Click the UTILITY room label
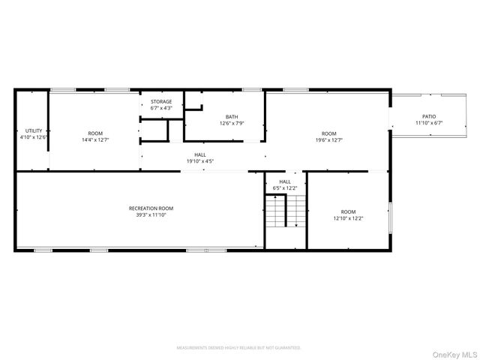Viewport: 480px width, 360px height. click(34, 130)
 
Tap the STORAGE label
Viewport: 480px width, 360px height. click(161, 101)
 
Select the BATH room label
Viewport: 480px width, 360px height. click(232, 116)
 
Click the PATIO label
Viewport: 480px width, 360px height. click(429, 116)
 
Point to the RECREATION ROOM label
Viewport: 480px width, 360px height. click(151, 208)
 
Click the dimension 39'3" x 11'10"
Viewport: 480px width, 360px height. click(151, 214)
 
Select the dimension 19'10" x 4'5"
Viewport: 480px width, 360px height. click(200, 161)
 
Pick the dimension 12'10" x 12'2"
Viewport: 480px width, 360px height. click(349, 218)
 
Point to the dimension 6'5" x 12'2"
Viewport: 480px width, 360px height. click(285, 187)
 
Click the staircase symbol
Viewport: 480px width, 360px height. click(286, 211)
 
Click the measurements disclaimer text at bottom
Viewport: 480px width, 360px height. click(238, 348)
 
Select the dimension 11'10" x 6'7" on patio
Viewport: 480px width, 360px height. click(429, 123)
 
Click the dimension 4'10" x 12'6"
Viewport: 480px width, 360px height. click(34, 137)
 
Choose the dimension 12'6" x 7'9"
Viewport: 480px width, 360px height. click(232, 123)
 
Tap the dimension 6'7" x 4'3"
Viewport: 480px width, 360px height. click(161, 108)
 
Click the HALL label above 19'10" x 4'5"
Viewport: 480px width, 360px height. click(200, 154)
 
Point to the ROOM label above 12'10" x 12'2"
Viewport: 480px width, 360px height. click(349, 211)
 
